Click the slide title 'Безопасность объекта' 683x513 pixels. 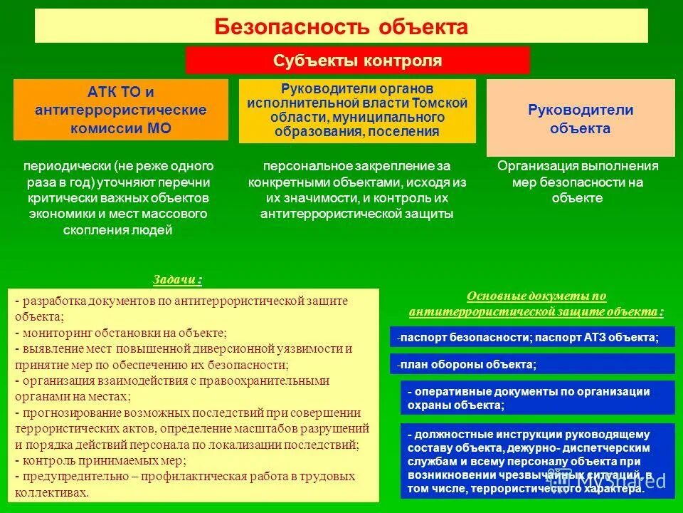[x=341, y=27]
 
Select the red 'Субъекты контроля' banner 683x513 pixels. [x=357, y=61]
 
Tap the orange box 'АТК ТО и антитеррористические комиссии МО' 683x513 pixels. [x=121, y=110]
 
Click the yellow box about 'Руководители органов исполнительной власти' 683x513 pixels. [x=356, y=111]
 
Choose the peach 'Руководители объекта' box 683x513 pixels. [x=580, y=119]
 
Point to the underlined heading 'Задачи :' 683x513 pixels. [x=177, y=279]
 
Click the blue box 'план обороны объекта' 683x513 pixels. [x=532, y=364]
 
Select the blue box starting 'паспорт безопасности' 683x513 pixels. [x=532, y=337]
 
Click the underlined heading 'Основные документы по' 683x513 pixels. [x=536, y=296]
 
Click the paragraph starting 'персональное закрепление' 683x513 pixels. [x=356, y=190]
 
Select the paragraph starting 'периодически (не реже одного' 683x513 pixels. [x=118, y=197]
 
